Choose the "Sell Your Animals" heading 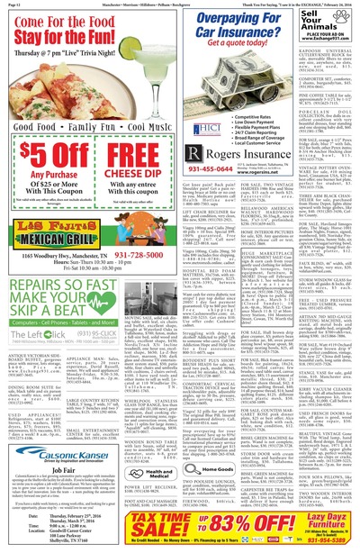(335, 27)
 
